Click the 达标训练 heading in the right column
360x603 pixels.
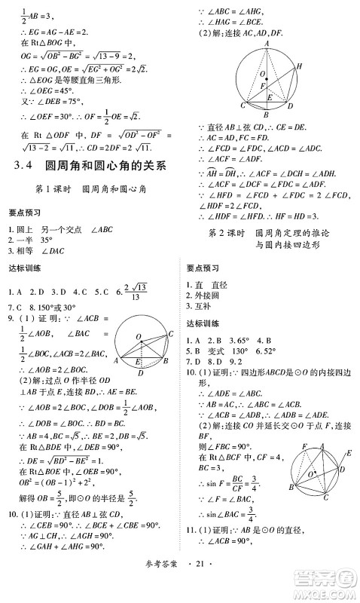pos(203,323)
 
